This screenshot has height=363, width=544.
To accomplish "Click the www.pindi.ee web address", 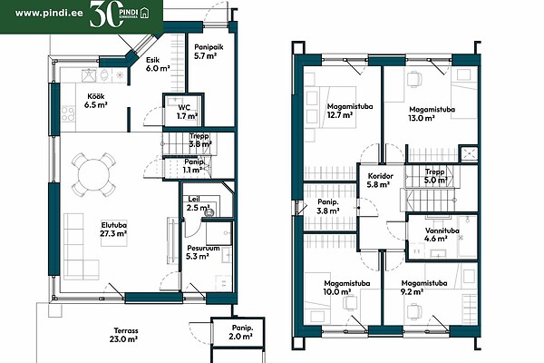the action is [49, 14].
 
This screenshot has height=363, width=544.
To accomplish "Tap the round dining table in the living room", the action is [93, 175].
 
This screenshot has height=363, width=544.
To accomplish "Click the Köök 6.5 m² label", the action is [96, 101].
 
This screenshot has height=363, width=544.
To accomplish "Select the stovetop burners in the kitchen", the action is [68, 114].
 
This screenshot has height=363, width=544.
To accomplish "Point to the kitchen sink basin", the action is [89, 75].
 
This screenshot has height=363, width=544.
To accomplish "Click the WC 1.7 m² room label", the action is [187, 112].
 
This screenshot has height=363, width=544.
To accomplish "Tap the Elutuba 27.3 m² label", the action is [113, 229].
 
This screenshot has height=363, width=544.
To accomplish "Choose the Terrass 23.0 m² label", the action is [124, 335].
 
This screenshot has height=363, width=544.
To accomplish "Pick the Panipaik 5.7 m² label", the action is [209, 51].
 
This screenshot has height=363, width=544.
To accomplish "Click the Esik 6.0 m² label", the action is [158, 64].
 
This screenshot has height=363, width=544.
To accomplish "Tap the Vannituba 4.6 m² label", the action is [442, 234].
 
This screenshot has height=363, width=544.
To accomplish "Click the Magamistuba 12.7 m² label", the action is [350, 111].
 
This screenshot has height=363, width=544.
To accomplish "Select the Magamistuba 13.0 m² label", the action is [432, 113].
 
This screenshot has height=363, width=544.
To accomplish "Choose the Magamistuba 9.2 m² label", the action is [423, 288].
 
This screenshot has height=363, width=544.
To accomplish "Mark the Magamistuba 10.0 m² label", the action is [346, 288].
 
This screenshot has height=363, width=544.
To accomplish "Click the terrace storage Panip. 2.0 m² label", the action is [242, 332].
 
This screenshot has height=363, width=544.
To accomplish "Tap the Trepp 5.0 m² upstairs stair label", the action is [436, 176].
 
